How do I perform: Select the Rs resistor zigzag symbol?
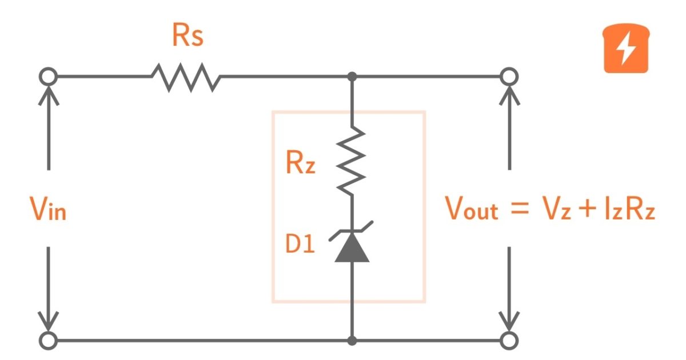pos(186,77)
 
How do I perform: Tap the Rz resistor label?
pos(300,165)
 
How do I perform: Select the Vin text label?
pos(48,210)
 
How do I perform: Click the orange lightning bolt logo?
pos(627,50)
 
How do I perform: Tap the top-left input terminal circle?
pos(49,76)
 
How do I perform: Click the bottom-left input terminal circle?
pos(49,341)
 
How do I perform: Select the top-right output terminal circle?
pos(509,76)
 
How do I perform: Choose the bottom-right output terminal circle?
pos(509,341)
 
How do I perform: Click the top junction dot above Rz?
pos(352,76)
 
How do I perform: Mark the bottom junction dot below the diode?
pos(352,341)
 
